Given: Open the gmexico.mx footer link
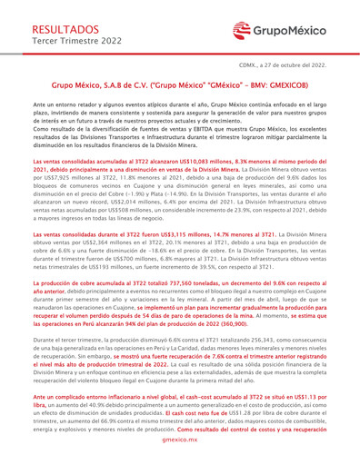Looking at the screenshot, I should [180, 459].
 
